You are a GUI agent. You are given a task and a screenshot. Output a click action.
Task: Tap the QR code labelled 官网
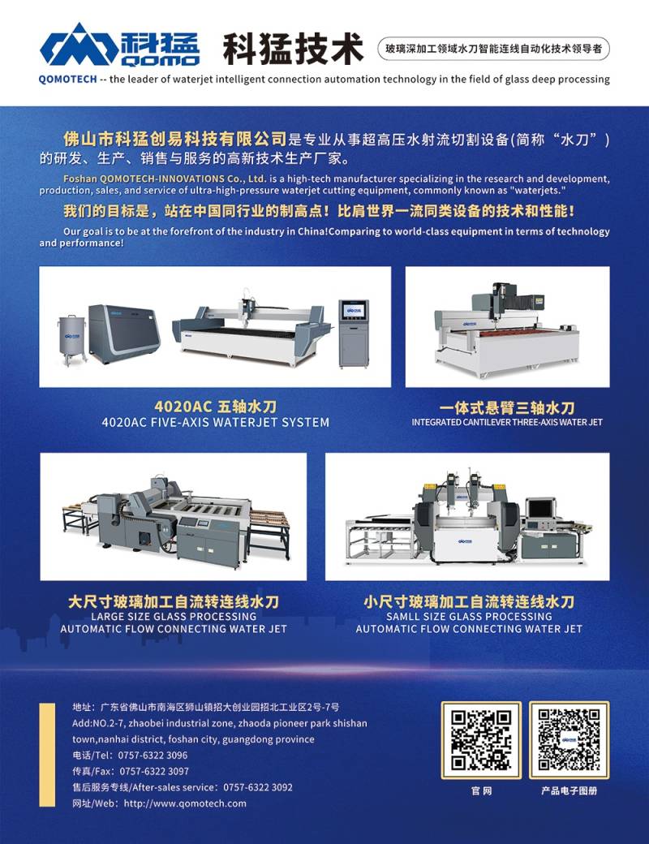pyautogui.click(x=481, y=739)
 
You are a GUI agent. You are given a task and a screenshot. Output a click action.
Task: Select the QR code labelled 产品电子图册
pyautogui.click(x=569, y=739)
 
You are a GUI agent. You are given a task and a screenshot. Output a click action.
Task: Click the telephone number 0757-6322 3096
pyautogui.click(x=153, y=756)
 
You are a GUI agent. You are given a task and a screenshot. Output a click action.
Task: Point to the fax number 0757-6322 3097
pyautogui.click(x=154, y=771)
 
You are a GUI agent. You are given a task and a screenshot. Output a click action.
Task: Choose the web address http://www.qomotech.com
pyautogui.click(x=185, y=803)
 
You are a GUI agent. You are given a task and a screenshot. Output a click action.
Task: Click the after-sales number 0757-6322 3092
pyautogui.click(x=258, y=787)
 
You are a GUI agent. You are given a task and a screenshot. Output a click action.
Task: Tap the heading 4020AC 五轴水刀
pyautogui.click(x=215, y=407)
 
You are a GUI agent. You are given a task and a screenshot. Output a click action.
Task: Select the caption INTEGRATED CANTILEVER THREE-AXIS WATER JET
pyautogui.click(x=507, y=423)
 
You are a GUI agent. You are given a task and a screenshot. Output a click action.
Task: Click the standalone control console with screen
pyautogui.click(x=354, y=334)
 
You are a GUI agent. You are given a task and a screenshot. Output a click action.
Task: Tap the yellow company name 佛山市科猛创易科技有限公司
pyautogui.click(x=174, y=139)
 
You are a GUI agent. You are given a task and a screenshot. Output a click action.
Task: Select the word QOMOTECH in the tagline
pyautogui.click(x=68, y=80)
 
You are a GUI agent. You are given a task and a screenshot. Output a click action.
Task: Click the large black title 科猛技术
pyautogui.click(x=294, y=49)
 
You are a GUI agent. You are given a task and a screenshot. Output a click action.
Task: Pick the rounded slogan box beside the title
pyautogui.click(x=493, y=49)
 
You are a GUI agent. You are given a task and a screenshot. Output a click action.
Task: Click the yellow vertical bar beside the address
pyautogui.click(x=47, y=755)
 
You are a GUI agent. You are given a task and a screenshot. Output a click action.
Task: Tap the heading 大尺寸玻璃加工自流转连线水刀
pyautogui.click(x=174, y=601)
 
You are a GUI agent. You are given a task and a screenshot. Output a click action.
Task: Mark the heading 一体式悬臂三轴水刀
pyautogui.click(x=507, y=407)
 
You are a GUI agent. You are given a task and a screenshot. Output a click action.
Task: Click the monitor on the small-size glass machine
pyautogui.click(x=540, y=509)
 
